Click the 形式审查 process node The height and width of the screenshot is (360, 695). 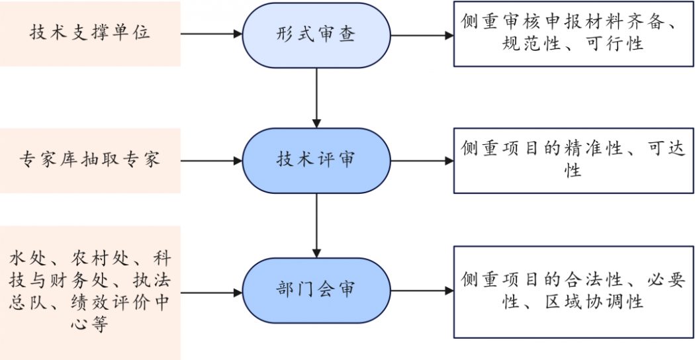[316, 34]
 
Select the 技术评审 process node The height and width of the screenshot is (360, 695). [316, 160]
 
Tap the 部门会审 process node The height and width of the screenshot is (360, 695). [316, 290]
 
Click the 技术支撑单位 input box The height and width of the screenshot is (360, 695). [90, 34]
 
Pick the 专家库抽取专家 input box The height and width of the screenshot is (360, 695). [90, 160]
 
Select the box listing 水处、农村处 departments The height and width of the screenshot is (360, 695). [90, 292]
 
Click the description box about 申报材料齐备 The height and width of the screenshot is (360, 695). [573, 34]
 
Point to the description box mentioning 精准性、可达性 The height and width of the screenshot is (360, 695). [573, 160]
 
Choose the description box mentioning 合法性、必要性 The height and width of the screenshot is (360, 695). [573, 291]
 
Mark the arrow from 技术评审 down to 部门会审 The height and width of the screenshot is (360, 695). [316, 225]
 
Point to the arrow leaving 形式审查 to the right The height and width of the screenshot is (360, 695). [421, 34]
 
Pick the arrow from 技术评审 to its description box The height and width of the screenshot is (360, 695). [421, 160]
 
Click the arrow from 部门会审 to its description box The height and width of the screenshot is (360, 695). [421, 290]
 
